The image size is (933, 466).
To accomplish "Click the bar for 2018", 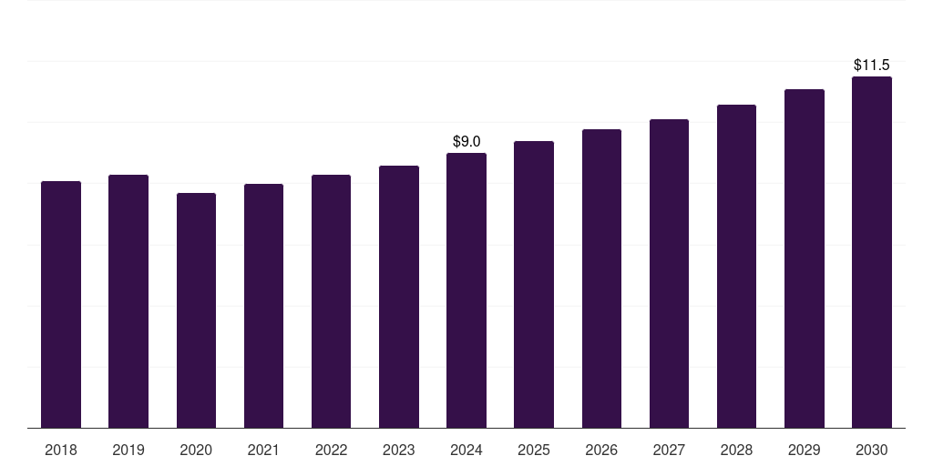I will pos(61,304).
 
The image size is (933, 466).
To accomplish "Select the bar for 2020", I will pos(196,309).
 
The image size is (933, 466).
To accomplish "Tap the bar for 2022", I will pos(331,300).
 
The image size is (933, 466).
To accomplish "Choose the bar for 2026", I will pos(601,278).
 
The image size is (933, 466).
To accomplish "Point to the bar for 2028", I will pos(736,266).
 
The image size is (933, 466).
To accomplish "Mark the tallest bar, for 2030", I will pos(871,251).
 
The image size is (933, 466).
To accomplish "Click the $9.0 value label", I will pos(466,141).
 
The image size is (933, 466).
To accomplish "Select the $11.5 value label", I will pos(871,65).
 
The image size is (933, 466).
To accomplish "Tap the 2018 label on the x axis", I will pos(61,450).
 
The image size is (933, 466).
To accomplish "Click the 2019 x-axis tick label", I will pos(128,450).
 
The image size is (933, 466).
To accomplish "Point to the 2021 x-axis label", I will pos(263,450).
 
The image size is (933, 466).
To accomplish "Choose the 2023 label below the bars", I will pos(398,450).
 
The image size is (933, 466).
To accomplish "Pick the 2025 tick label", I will pos(534,450).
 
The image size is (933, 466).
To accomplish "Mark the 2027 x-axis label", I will pos(669,450).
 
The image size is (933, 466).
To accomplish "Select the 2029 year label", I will pos(804,450).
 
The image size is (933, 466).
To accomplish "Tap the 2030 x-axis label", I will pos(871,450).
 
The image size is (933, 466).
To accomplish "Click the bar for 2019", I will pos(128,300).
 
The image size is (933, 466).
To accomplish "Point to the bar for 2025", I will pos(534,284).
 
